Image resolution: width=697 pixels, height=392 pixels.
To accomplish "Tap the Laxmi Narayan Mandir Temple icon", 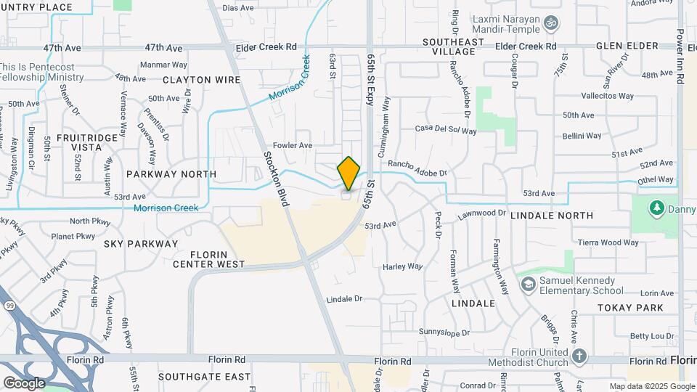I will point(551,23).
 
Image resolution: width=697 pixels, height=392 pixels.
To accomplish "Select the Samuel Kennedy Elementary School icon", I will point(528,282).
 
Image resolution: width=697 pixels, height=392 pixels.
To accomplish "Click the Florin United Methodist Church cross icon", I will point(579,356).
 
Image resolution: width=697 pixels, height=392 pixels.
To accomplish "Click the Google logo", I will point(24,383).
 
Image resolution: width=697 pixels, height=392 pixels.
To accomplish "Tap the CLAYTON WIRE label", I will point(192,79).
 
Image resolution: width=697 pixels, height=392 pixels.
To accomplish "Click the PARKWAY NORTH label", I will point(171,174).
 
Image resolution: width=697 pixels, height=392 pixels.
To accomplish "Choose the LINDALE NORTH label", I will point(552,216).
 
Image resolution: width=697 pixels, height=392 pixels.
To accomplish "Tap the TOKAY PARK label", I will point(630,308).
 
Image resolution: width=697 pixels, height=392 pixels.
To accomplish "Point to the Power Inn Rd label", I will point(680,58).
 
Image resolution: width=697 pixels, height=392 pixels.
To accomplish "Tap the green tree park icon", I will point(658,209).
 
